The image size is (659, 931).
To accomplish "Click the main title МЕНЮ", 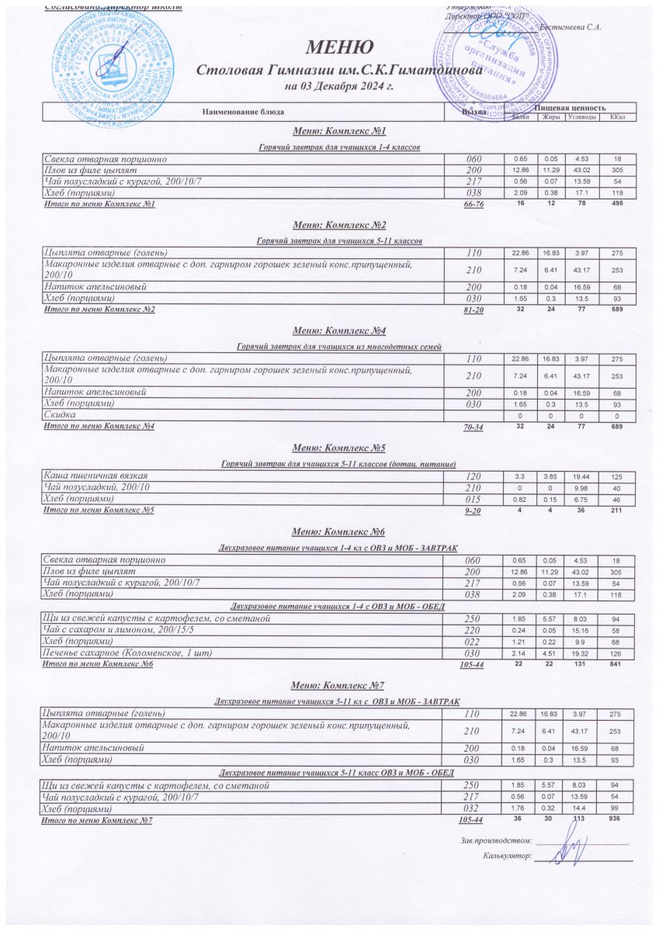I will [331, 47].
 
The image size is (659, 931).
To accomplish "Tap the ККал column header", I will [619, 117].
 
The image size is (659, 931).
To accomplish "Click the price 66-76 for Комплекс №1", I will [473, 204].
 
